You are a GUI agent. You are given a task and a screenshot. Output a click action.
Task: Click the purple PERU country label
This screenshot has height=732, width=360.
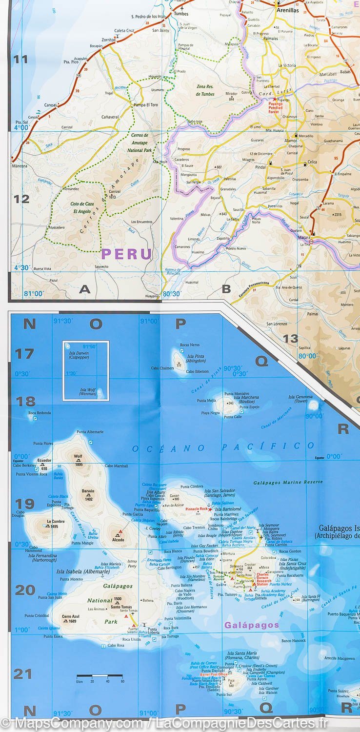coord(126,254)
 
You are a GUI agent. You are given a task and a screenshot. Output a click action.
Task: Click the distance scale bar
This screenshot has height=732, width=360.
coord(100,676)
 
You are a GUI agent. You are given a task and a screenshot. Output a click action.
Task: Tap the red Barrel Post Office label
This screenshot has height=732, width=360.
coord(214,674)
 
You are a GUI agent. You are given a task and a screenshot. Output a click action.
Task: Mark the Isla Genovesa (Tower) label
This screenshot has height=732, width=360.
coord(300,399)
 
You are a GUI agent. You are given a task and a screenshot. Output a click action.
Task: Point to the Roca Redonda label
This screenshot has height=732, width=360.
coord(40,413)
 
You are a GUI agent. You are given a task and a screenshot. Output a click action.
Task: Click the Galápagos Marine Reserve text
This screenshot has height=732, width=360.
coord(288,482)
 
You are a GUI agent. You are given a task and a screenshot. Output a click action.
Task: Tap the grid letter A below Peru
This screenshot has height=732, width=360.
coord(85,289)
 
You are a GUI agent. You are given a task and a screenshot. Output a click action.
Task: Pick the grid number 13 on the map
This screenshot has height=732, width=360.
coord(291,338)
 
